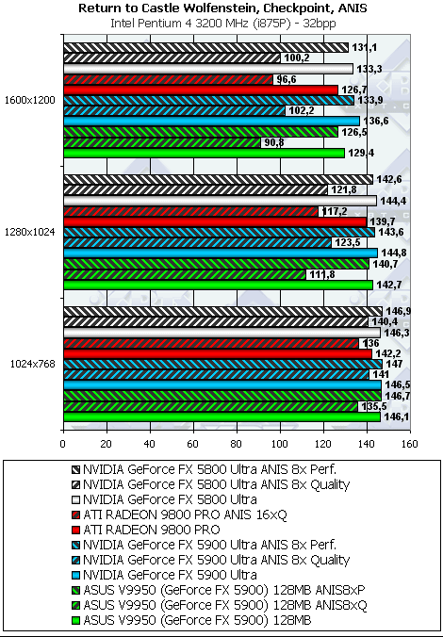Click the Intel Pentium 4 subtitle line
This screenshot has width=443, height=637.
[x=223, y=24]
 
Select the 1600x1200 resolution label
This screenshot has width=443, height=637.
[x=29, y=100]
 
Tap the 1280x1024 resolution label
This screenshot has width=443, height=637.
[x=29, y=232]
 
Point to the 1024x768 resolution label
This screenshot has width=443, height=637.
[x=33, y=364]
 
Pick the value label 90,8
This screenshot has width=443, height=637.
[x=272, y=142]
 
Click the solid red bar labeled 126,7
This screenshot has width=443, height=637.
[x=201, y=90]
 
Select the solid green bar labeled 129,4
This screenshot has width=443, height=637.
[x=204, y=153]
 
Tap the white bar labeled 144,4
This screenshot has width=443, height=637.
[x=220, y=201]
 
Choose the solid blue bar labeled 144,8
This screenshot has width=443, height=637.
[x=221, y=253]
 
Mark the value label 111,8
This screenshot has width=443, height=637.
[x=318, y=274]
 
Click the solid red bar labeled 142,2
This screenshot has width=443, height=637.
[x=218, y=354]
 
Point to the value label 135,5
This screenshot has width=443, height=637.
[x=369, y=406]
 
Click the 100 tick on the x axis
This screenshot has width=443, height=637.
[x=280, y=444]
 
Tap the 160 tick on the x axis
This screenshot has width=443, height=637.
[x=410, y=444]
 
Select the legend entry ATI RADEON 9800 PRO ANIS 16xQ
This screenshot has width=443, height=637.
[x=180, y=515]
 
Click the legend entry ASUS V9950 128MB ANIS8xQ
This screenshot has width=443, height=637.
[x=219, y=605]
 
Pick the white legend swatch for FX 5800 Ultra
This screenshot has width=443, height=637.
[x=76, y=498]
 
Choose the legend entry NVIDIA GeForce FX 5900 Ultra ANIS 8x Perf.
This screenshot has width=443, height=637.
[x=204, y=546]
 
